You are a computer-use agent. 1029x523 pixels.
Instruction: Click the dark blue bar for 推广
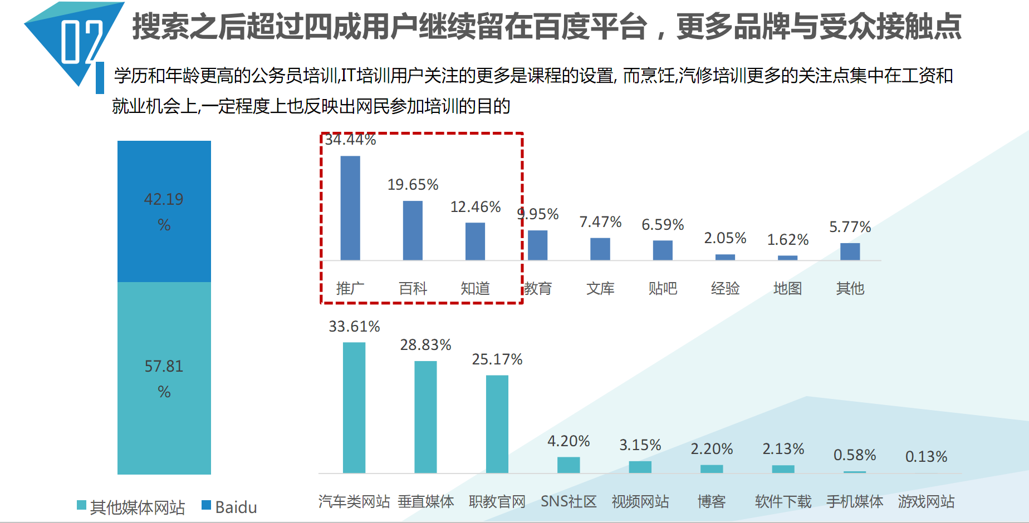point(350,208)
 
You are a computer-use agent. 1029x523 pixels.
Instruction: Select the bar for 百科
point(413,230)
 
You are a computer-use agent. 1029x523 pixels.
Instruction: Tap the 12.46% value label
point(476,207)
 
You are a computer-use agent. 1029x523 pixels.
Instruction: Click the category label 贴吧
point(663,288)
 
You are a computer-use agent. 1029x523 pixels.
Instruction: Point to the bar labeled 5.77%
point(850,251)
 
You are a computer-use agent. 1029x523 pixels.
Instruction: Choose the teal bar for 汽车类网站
point(354,408)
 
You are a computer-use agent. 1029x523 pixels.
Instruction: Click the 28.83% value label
point(425,345)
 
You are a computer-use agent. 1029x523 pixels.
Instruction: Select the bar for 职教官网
point(497,424)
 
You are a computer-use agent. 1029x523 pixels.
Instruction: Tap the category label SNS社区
point(569,501)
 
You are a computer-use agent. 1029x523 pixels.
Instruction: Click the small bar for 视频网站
point(640,467)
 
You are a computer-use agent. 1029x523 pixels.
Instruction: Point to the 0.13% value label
point(926,457)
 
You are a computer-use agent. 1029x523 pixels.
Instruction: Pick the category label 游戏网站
point(926,501)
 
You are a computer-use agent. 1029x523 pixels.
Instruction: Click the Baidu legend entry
point(229,507)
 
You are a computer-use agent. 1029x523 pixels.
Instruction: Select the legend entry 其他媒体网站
point(131,507)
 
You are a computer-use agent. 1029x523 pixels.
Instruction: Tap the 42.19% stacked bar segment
point(164,211)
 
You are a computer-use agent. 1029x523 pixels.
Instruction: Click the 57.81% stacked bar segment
point(164,378)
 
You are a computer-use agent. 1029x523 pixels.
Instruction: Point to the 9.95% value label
point(538,214)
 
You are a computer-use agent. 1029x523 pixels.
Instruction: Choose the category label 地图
point(787,288)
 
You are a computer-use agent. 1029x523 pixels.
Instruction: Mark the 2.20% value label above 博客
point(712,449)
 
